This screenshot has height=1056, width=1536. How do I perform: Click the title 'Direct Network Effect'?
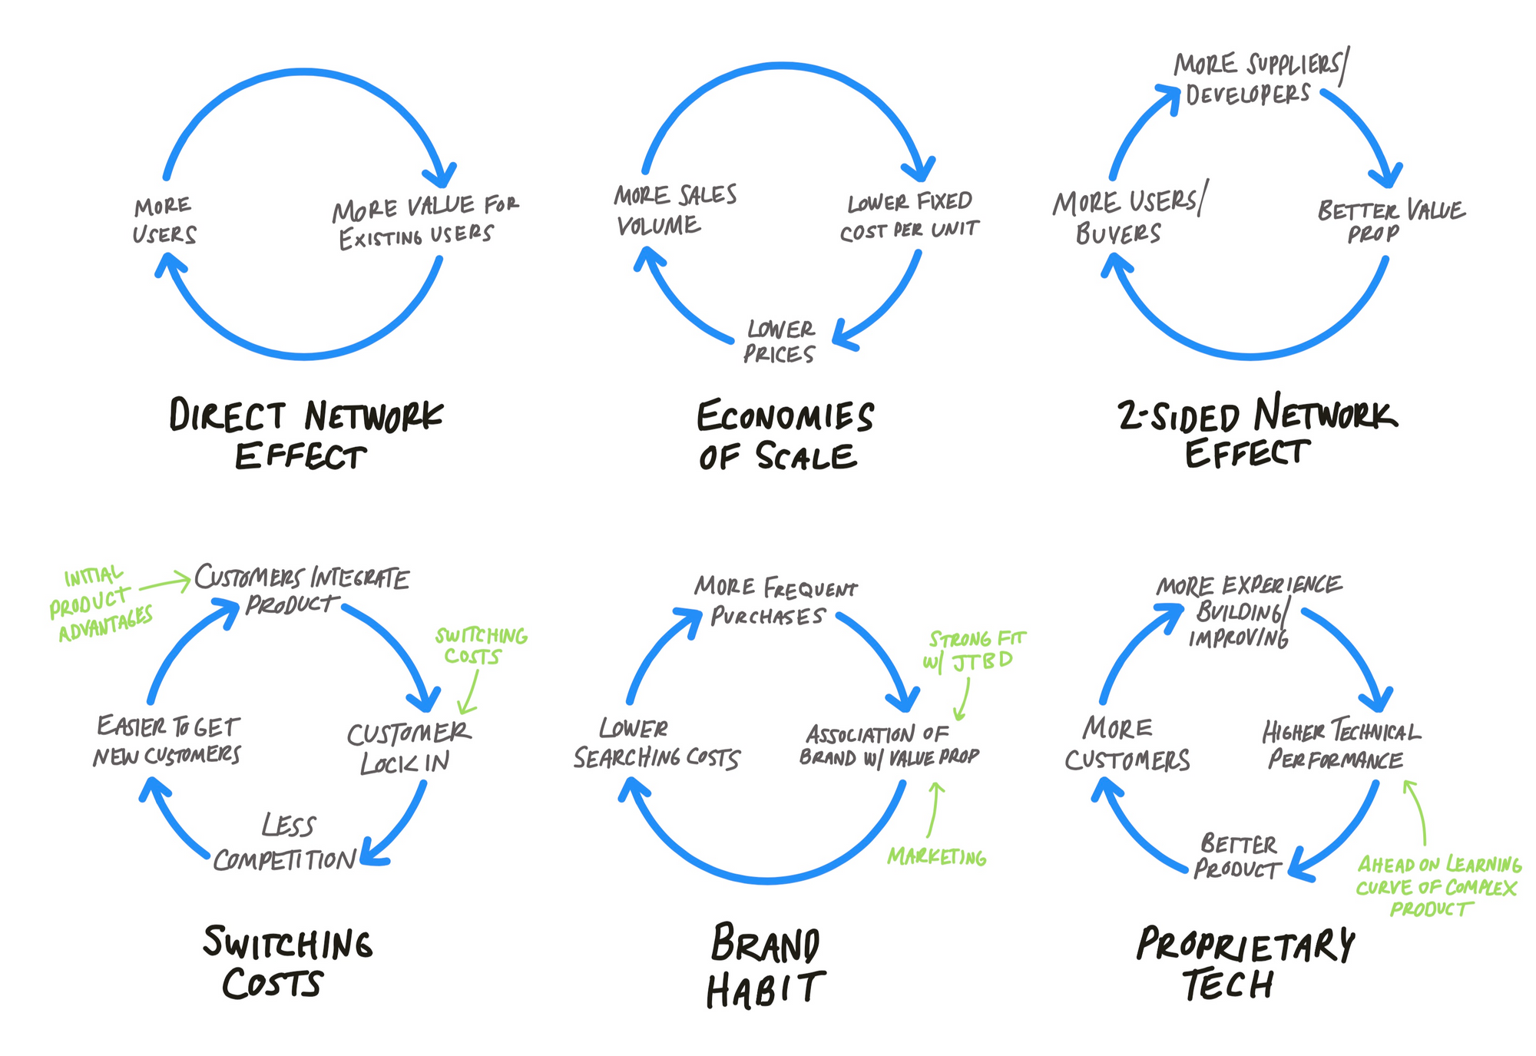pos(306,435)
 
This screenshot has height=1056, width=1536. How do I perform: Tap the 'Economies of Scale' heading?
pos(785,435)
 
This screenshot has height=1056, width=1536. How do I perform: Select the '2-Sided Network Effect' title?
pos(1256,432)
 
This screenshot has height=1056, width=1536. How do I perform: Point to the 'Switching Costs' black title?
pos(287,962)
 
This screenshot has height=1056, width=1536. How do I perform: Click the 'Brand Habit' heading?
pos(766,965)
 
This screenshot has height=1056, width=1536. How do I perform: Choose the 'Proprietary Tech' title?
pos(1245,964)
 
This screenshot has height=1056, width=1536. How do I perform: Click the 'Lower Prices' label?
pos(780,342)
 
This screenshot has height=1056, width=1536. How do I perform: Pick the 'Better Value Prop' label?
pos(1391,221)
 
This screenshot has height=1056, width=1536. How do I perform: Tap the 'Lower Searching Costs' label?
pos(657,743)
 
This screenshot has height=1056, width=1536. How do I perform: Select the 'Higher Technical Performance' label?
pos(1341,743)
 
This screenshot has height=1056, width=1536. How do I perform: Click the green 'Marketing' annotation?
pos(937,856)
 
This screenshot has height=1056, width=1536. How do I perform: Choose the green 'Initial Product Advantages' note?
pos(100,604)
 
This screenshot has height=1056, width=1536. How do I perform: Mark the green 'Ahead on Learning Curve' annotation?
pos(1438,886)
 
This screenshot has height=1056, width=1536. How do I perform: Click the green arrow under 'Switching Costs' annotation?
pos(469,691)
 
